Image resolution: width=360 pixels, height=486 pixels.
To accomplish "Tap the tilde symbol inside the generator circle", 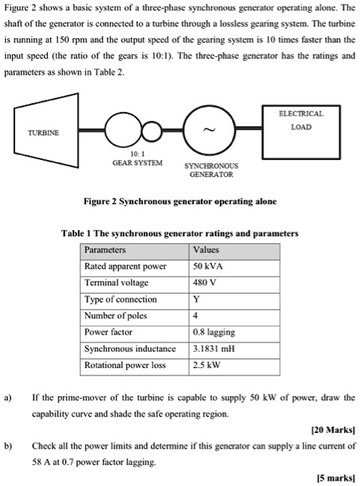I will (x=210, y=132).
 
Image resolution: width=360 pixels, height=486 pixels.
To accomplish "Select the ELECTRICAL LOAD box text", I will (x=300, y=121).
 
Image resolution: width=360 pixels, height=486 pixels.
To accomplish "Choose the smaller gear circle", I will (x=152, y=132).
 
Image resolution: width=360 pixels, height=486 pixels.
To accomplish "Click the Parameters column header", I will (x=106, y=250).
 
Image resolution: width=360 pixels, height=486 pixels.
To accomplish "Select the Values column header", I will (x=207, y=250).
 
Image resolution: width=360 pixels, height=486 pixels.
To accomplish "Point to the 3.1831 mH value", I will (x=213, y=348).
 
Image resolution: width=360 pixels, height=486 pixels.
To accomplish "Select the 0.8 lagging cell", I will (x=214, y=332).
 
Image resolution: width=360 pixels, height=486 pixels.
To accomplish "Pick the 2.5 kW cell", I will (x=206, y=366).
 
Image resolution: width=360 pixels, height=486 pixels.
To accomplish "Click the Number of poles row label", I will (x=115, y=316).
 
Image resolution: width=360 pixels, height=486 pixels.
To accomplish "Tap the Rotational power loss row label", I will (x=126, y=366).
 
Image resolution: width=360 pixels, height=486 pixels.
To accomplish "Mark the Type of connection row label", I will (x=120, y=299).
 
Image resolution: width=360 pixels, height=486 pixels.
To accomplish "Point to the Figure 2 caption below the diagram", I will (x=180, y=202).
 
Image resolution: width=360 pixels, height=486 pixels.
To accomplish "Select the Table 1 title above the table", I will (x=180, y=233).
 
